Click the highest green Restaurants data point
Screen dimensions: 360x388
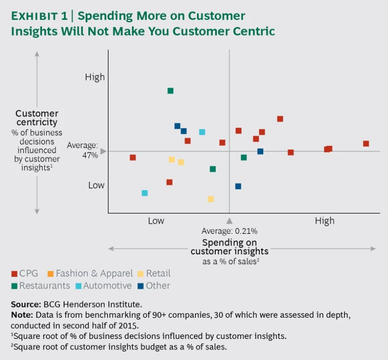[170, 91]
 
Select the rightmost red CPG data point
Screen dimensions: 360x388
[366, 143]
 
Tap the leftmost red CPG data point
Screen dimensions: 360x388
[133, 158]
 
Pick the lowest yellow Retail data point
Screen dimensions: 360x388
[211, 199]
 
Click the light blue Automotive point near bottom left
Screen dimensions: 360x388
[144, 193]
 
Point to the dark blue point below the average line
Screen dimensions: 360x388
[238, 186]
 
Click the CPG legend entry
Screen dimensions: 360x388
[25, 274]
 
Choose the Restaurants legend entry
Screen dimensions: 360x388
[40, 286]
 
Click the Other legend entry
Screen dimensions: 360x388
[154, 286]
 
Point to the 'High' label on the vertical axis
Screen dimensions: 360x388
[95, 77]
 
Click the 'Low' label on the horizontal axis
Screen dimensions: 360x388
[156, 221]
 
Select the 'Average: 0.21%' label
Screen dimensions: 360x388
[229, 231]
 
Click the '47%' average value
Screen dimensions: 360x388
[90, 155]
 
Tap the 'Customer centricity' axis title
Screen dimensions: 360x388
[37, 118]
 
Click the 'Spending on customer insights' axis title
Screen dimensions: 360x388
[229, 247]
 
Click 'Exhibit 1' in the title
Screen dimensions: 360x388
[38, 16]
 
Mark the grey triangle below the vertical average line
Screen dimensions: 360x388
[229, 220]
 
